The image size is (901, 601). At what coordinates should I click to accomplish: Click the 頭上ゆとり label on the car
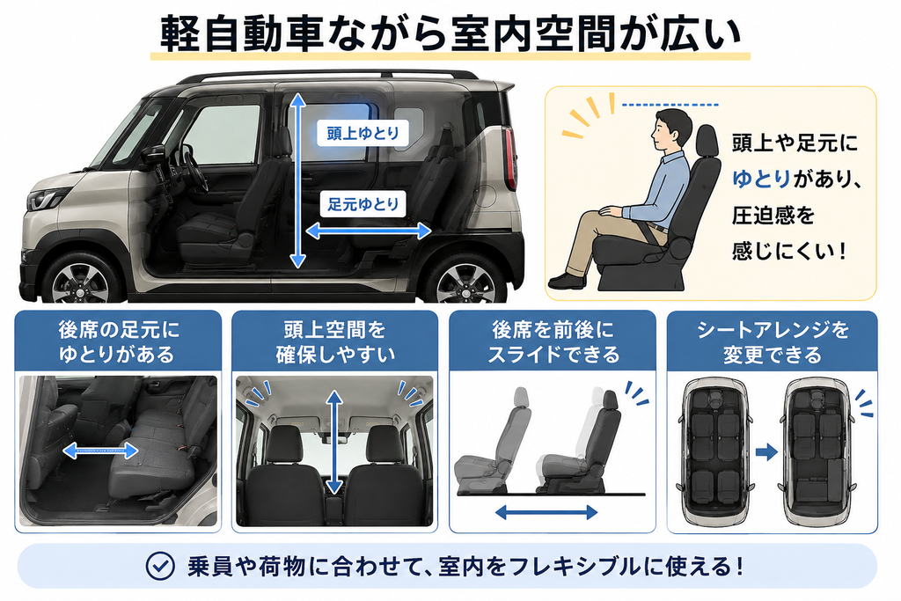[x=363, y=133]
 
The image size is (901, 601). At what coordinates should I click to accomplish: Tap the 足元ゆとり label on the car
[x=363, y=204]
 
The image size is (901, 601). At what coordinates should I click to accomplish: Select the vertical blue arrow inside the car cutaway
[x=297, y=181]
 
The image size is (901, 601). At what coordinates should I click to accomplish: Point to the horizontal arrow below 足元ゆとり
[x=369, y=231]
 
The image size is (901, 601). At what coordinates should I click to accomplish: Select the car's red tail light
[x=509, y=158]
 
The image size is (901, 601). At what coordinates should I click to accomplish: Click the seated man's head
[x=673, y=129]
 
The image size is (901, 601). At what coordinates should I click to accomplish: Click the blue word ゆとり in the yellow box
[x=761, y=180]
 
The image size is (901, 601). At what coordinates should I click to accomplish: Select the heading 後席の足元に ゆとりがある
[x=118, y=342]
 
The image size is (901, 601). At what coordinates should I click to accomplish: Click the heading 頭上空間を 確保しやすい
[x=335, y=342]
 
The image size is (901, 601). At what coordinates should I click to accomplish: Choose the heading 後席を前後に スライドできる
[x=553, y=342]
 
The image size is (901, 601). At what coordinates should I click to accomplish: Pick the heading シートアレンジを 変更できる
[x=773, y=342]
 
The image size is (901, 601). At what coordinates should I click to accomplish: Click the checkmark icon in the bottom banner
[x=160, y=566]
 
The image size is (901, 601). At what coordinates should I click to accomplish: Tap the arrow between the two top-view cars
[x=766, y=451]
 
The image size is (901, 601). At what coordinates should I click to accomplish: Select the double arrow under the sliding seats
[x=546, y=512]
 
